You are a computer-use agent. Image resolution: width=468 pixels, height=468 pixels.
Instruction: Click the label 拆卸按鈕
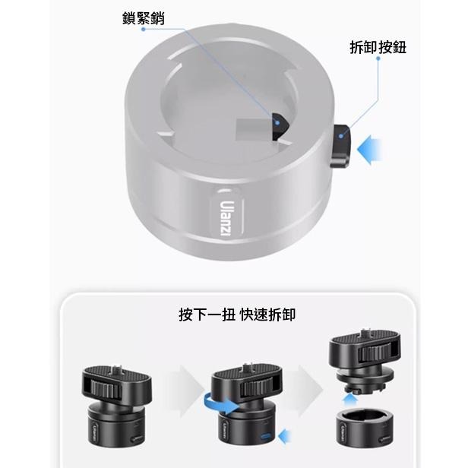pos(378,48)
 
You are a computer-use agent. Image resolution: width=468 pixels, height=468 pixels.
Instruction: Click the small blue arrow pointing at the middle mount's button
pos(286,435)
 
